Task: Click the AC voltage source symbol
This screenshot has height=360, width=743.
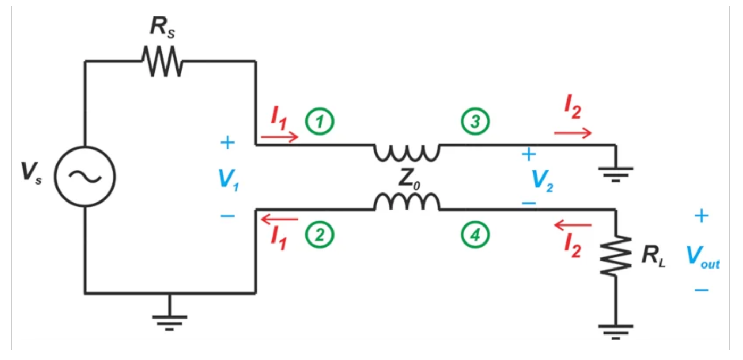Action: coord(85,177)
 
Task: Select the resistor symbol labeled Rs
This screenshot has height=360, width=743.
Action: coord(162,61)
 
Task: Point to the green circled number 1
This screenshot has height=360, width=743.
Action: coord(319,121)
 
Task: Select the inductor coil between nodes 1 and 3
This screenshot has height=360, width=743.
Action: coord(407,152)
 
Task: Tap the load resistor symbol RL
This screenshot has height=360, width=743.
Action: coord(616,257)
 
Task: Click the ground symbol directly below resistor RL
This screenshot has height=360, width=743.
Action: coord(616,328)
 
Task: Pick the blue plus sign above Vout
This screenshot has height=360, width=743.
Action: coord(702,215)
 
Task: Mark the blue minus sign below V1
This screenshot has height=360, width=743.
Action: coord(227,216)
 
